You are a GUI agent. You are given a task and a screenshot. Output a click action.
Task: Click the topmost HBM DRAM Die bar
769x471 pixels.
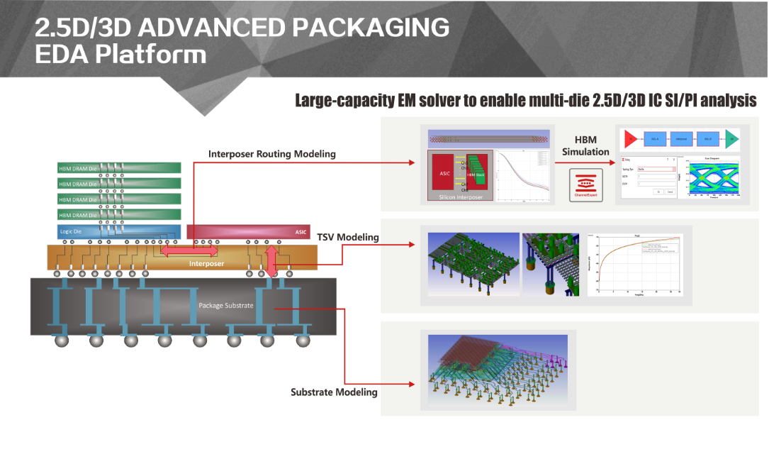(118, 168)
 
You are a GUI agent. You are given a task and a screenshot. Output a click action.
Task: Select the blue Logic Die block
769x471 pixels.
(118, 231)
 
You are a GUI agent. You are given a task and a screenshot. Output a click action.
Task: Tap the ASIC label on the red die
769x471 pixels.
(301, 231)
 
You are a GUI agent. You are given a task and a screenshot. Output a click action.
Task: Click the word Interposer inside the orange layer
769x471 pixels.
(206, 263)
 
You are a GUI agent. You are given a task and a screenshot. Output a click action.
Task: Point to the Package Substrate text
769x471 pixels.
(225, 305)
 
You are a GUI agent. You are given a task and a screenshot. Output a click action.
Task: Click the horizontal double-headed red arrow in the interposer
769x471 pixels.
(189, 250)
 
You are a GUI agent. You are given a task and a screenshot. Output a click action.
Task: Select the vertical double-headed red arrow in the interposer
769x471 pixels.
(271, 260)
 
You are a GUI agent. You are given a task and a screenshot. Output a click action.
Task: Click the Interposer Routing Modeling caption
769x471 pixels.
(271, 154)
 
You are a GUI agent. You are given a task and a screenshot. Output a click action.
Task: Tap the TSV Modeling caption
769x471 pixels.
(347, 237)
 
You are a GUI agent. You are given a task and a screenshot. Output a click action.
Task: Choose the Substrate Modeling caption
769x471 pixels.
(334, 392)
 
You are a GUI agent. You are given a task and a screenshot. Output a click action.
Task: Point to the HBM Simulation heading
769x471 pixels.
(585, 146)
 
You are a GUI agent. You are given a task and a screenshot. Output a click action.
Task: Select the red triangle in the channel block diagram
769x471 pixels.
(629, 138)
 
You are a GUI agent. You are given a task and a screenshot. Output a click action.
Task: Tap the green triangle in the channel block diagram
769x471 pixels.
(732, 138)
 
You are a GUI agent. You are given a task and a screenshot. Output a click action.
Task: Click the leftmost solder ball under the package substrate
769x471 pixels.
(62, 340)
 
